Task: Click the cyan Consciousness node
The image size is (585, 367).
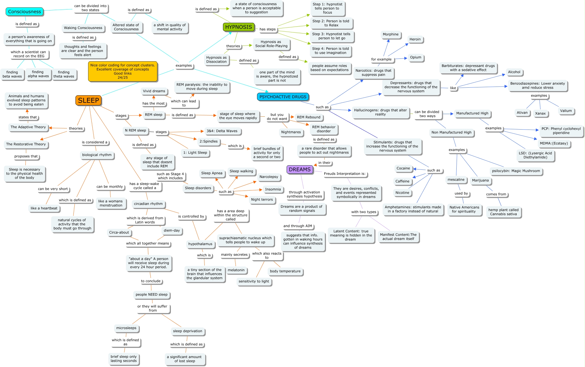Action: click(24, 12)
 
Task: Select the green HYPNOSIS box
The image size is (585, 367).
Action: click(238, 27)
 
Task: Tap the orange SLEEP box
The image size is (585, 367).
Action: click(88, 100)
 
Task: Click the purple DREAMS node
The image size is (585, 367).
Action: click(300, 169)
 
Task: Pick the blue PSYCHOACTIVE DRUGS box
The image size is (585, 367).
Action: click(283, 97)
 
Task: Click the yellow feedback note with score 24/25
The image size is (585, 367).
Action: click(122, 71)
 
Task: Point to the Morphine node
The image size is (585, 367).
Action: click(390, 34)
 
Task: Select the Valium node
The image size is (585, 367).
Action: click(566, 111)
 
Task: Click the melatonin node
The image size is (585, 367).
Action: click(236, 270)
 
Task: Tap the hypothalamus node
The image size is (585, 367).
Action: click(200, 244)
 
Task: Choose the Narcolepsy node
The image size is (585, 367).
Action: click(269, 177)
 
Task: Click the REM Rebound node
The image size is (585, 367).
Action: click(309, 117)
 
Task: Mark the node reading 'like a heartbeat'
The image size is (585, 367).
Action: click(44, 208)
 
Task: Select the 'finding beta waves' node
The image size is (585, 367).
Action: click(12, 74)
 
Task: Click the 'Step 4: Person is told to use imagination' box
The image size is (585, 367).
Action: click(330, 51)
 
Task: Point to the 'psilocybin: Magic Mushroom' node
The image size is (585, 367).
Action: click(516, 171)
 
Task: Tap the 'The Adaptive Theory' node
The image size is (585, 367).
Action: click(28, 127)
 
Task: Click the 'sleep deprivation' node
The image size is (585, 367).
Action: click(187, 331)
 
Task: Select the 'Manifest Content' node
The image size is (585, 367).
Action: click(398, 237)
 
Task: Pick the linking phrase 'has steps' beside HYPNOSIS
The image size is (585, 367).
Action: click(267, 29)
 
